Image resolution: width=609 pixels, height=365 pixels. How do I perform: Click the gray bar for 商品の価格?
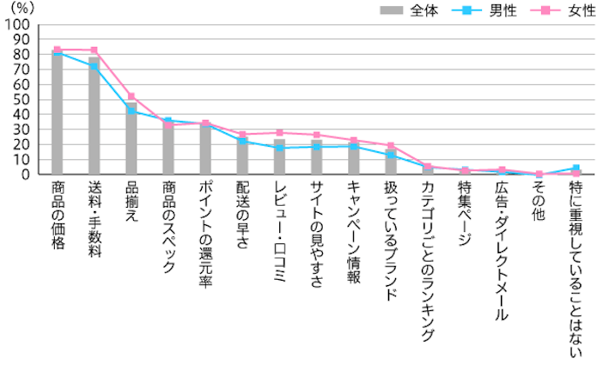coord(57,113)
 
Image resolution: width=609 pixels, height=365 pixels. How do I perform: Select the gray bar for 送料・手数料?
coord(94,117)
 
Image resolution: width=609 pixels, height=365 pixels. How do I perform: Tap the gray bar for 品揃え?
coord(131,139)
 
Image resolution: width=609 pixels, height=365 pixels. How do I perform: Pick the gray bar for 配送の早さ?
coord(243,155)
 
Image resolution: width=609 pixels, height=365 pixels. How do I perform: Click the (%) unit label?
coord(18,8)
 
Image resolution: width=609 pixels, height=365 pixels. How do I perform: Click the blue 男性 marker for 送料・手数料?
coord(94,66)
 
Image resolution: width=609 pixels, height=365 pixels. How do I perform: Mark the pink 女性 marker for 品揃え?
coord(131,96)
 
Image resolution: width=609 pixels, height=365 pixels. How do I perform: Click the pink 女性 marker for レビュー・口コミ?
coord(279,133)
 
